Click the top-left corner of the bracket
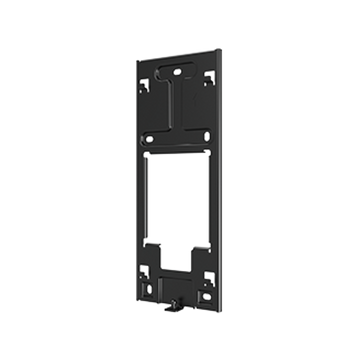[139, 58]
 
